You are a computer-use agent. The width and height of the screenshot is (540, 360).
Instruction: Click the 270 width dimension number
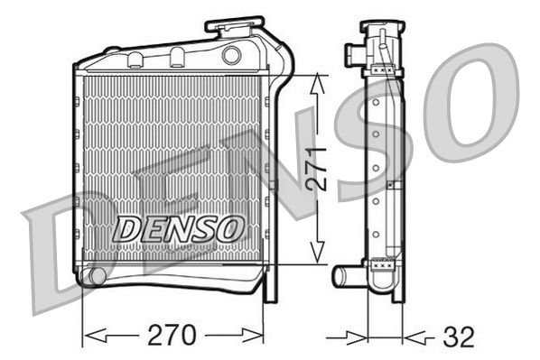tap(172, 335)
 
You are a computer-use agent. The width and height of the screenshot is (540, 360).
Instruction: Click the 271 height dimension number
tap(317, 170)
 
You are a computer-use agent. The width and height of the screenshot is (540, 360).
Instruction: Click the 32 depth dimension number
tap(459, 337)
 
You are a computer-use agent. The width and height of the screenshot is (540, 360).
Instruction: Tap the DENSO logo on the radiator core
tap(177, 229)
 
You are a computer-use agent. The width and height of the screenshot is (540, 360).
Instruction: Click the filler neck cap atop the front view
tap(235, 24)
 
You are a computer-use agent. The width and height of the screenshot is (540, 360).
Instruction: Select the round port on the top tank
tap(231, 55)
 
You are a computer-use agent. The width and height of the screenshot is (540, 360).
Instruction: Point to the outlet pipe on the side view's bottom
tap(348, 276)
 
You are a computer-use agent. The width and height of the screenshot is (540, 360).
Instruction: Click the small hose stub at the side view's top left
tap(355, 54)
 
